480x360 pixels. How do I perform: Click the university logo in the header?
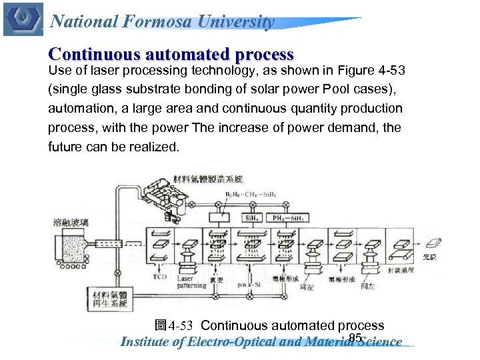point(23,19)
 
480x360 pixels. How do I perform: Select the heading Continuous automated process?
point(171,54)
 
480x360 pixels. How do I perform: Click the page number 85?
point(355,338)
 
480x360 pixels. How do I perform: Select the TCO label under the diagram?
point(159,276)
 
